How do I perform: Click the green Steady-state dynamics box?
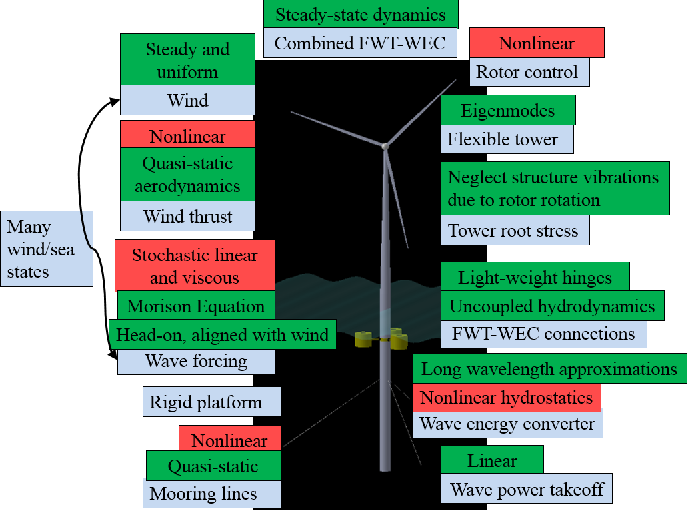[x=360, y=14]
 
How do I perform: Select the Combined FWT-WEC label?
[x=360, y=43]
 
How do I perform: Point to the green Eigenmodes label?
[x=508, y=110]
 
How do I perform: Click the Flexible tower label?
[x=507, y=139]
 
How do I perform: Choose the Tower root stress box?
[x=515, y=231]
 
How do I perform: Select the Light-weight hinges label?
[x=535, y=277]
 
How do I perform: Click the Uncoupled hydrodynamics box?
[x=552, y=306]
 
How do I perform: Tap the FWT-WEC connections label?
[x=543, y=334]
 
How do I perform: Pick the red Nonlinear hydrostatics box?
[x=507, y=398]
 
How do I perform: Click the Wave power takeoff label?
[x=527, y=490]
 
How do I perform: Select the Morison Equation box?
[x=196, y=306]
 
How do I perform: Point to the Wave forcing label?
[x=196, y=362]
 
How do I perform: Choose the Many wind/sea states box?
[x=47, y=249]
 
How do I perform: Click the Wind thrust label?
[x=187, y=216]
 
